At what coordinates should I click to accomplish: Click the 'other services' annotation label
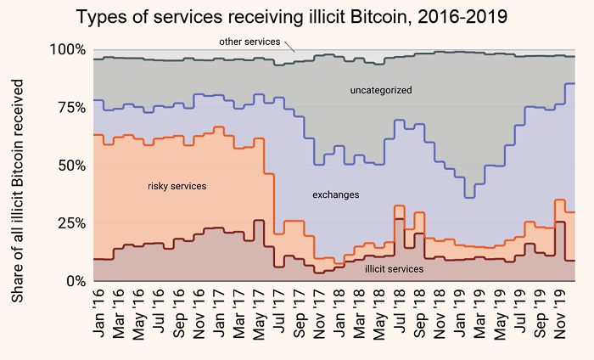(248, 42)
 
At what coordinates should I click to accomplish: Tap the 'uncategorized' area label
(381, 90)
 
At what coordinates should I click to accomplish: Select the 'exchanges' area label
(336, 195)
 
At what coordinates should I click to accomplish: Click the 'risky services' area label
(177, 186)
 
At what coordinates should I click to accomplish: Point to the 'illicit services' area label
(395, 269)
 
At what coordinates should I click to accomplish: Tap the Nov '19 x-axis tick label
(562, 312)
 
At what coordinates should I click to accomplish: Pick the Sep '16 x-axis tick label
(178, 312)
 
